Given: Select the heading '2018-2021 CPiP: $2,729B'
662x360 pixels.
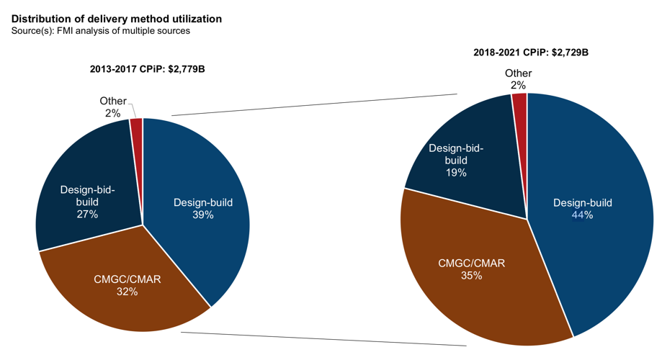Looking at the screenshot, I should point(531,53).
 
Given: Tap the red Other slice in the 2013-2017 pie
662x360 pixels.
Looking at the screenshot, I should point(137,127).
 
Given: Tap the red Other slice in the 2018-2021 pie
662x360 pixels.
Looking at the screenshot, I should point(520,103).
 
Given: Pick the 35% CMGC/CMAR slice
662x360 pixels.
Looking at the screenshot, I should point(475,288).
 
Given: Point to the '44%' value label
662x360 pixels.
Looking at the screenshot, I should point(582,215).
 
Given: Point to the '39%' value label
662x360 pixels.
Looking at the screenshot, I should point(202,215).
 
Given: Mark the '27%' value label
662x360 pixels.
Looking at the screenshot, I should point(88,214).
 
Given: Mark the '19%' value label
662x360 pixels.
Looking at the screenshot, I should point(456,173).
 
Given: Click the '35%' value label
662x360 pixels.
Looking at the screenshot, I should point(471,275).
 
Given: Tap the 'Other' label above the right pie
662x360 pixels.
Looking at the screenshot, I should point(518,73).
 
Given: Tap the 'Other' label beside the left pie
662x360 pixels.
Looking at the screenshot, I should point(113,102).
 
